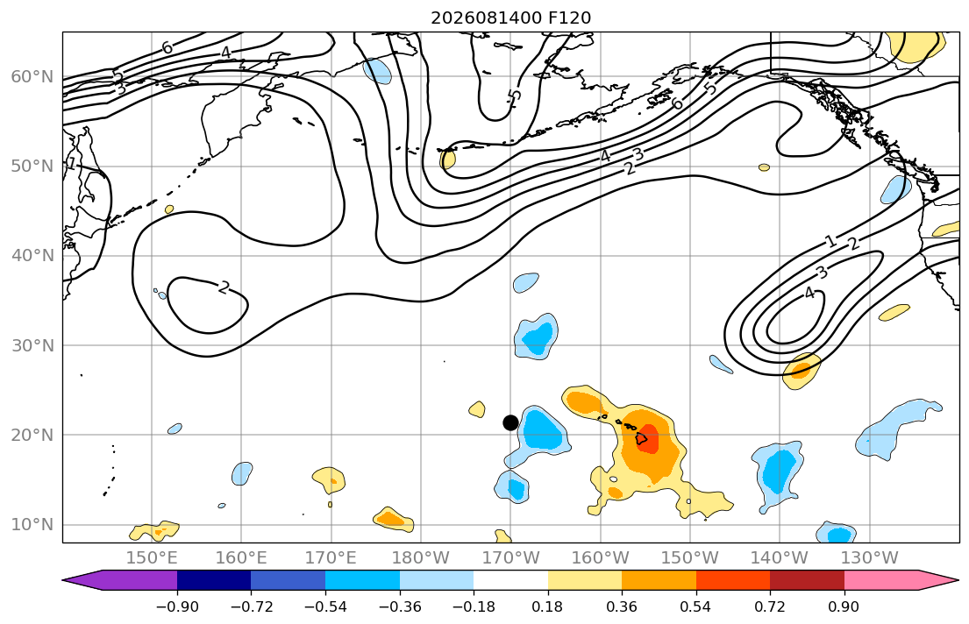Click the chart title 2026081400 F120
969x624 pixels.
click(510, 18)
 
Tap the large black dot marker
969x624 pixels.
click(510, 422)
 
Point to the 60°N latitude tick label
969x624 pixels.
click(32, 76)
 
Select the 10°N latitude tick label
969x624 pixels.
click(32, 525)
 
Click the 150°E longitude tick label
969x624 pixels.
click(152, 558)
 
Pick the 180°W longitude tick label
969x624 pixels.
click(421, 558)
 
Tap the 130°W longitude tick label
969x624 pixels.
click(870, 558)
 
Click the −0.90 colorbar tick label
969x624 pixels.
click(177, 606)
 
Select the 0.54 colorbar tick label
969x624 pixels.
click(696, 606)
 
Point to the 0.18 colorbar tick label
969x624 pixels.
click(547, 606)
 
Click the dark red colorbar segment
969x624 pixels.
click(807, 580)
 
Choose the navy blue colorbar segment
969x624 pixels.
click(214, 580)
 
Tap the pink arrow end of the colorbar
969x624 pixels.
click(901, 580)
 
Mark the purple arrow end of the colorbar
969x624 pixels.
click(120, 580)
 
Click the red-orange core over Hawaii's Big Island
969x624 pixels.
click(647, 439)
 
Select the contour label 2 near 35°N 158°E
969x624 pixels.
click(224, 287)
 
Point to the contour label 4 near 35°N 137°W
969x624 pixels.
click(809, 294)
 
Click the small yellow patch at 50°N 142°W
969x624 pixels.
click(765, 167)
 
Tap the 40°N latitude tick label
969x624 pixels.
click(32, 256)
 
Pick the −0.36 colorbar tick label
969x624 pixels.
click(399, 606)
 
